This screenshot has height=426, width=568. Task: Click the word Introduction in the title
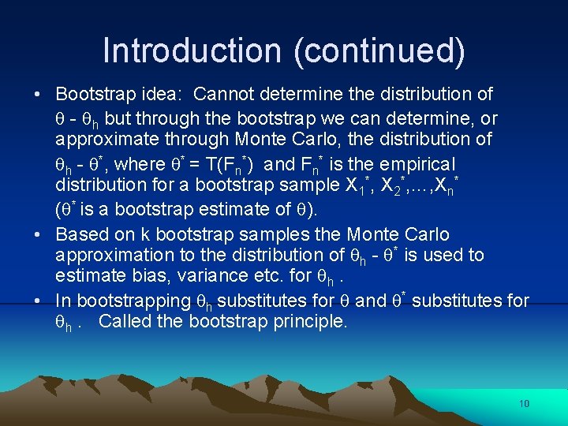pyautogui.click(x=192, y=50)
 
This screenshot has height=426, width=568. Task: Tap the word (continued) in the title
pyautogui.click(x=379, y=51)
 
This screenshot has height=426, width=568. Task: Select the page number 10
pyautogui.click(x=525, y=404)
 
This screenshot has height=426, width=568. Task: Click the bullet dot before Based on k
pyautogui.click(x=38, y=235)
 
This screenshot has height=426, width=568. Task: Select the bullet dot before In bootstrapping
pyautogui.click(x=38, y=301)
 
